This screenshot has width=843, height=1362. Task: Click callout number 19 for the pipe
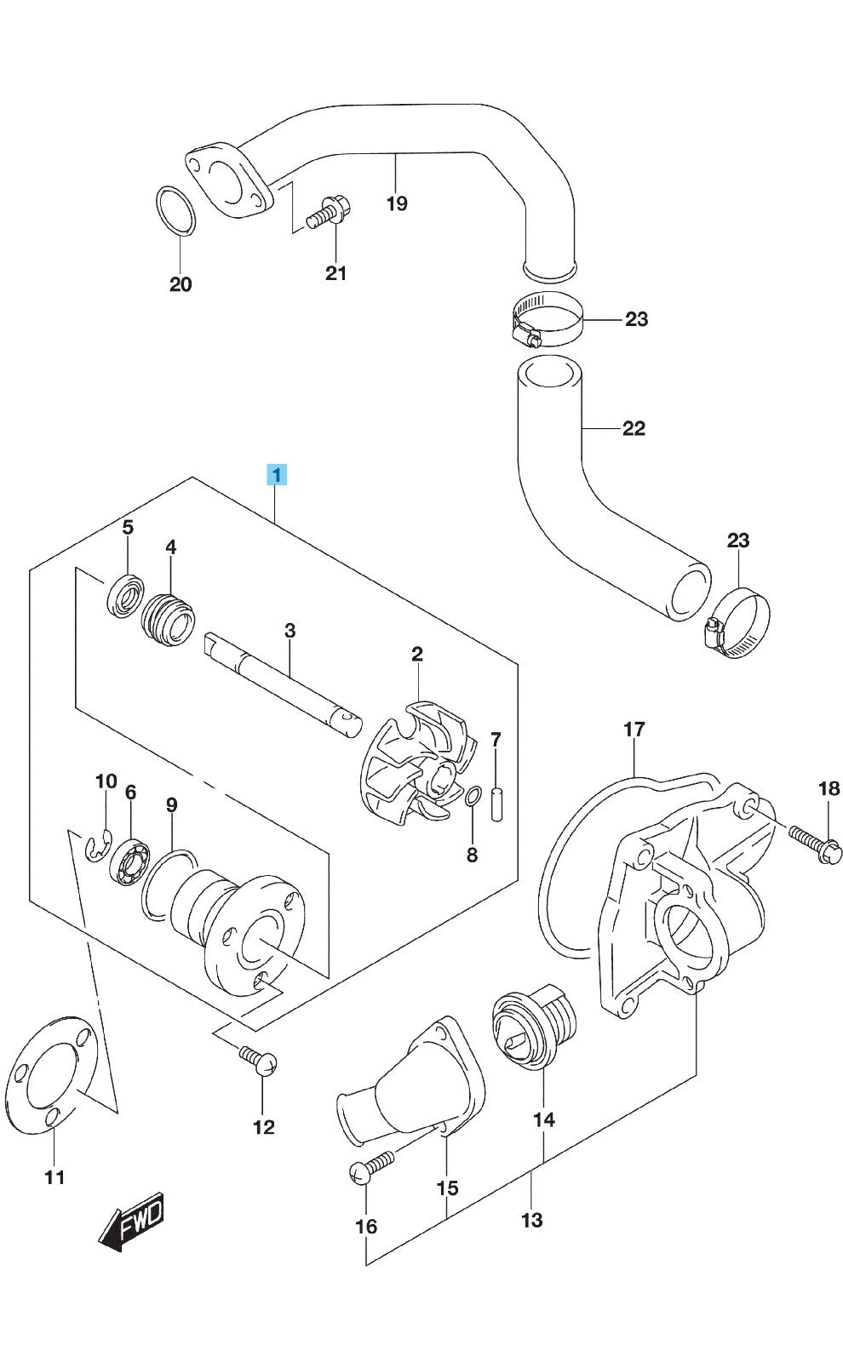397,203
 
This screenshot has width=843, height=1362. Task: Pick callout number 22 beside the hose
634,427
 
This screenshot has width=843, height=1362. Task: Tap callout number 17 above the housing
634,729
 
